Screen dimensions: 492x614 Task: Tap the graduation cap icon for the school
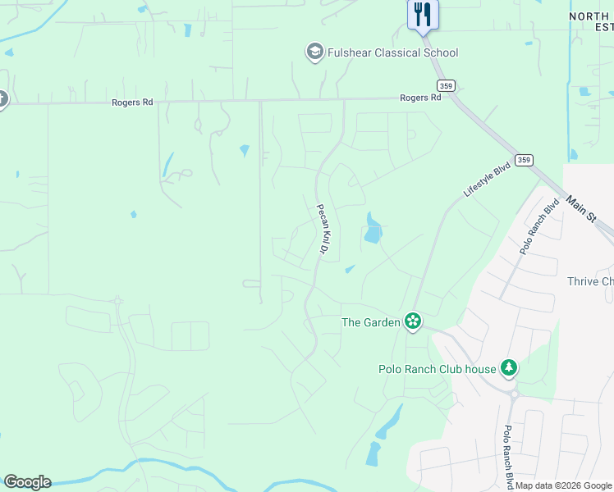(314, 53)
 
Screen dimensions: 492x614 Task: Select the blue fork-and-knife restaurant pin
(424, 15)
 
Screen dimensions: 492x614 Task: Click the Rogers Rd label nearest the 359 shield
(420, 98)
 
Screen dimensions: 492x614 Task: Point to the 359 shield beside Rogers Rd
(446, 85)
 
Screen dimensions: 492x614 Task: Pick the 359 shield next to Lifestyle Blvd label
(524, 160)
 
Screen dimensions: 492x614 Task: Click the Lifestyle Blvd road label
(487, 179)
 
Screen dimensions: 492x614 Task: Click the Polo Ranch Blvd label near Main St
(538, 226)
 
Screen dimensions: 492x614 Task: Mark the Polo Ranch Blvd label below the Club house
(509, 455)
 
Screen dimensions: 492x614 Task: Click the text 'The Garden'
(370, 322)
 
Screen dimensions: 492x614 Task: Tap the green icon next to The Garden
(413, 321)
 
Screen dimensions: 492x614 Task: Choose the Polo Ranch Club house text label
(437, 369)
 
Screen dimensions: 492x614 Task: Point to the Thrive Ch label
(590, 281)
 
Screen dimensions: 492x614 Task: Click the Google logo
(27, 482)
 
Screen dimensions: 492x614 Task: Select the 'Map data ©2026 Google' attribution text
(564, 485)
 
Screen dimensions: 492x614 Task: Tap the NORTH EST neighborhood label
(591, 20)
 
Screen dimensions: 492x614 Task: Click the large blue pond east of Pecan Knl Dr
(373, 230)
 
